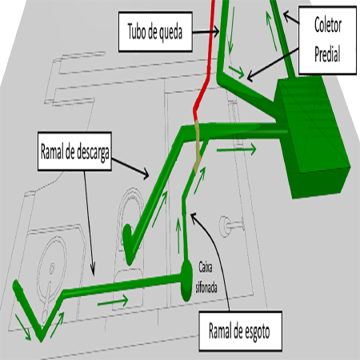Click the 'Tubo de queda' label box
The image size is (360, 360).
pyautogui.click(x=155, y=31)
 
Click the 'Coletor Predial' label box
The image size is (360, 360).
pyautogui.click(x=327, y=40)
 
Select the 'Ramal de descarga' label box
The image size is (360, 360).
pyautogui.click(x=74, y=151)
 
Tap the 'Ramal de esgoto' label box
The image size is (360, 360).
pyautogui.click(x=241, y=330)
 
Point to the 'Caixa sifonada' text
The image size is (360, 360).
pyautogui.click(x=206, y=278)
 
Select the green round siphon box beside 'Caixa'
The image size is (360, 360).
pyautogui.click(x=186, y=281)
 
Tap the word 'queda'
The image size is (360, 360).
pyautogui.click(x=170, y=32)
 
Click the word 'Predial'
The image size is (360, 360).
pyautogui.click(x=327, y=54)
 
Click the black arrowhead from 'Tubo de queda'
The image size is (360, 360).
pyautogui.click(x=216, y=31)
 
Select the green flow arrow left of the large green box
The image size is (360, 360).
pyautogui.click(x=236, y=150)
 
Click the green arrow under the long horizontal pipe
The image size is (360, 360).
pyautogui.click(x=113, y=302)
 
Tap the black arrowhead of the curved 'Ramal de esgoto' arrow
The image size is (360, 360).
pyautogui.click(x=194, y=216)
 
